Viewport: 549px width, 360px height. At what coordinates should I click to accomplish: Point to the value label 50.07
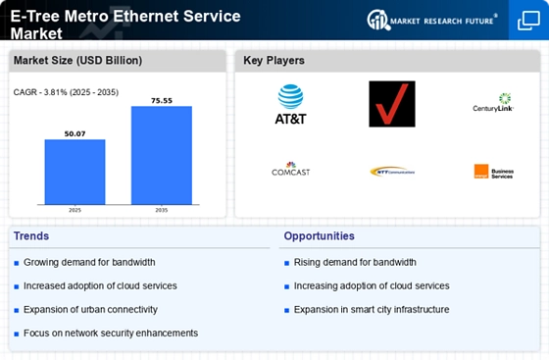click(x=75, y=133)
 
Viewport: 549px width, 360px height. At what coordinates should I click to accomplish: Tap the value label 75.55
click(x=162, y=100)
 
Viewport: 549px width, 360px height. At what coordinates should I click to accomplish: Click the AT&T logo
click(x=290, y=104)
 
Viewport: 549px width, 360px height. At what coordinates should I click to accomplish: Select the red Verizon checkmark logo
click(x=391, y=104)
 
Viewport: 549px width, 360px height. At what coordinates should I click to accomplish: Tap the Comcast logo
click(x=290, y=170)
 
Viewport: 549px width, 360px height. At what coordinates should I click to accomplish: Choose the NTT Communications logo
click(x=391, y=171)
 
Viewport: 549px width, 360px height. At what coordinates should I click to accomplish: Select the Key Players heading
click(x=274, y=61)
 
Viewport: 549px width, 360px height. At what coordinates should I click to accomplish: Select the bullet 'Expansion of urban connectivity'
click(x=89, y=309)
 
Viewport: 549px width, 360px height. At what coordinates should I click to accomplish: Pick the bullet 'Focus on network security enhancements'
click(x=110, y=333)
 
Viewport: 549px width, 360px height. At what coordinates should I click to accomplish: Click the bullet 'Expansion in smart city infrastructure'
click(x=370, y=309)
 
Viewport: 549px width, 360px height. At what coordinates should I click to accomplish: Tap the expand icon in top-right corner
click(x=526, y=21)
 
